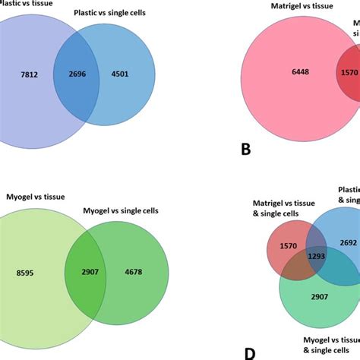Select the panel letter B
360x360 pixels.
(245, 149)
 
